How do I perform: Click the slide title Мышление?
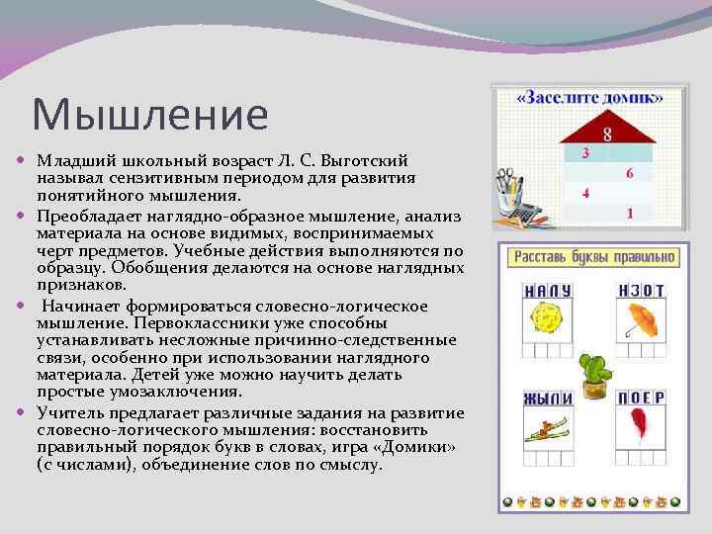(x=149, y=114)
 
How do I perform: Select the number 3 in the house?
(x=585, y=153)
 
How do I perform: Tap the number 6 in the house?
(x=629, y=173)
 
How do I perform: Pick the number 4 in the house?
(x=585, y=193)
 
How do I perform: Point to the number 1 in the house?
(x=629, y=213)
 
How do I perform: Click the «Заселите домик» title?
(x=590, y=98)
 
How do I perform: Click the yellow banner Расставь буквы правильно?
(x=593, y=257)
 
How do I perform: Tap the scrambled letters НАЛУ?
(x=548, y=292)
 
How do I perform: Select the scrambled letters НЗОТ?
(x=642, y=291)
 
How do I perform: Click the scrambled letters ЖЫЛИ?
(x=548, y=398)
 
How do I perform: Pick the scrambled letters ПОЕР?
(x=642, y=398)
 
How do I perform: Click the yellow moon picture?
(x=546, y=320)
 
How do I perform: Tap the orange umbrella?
(x=643, y=319)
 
